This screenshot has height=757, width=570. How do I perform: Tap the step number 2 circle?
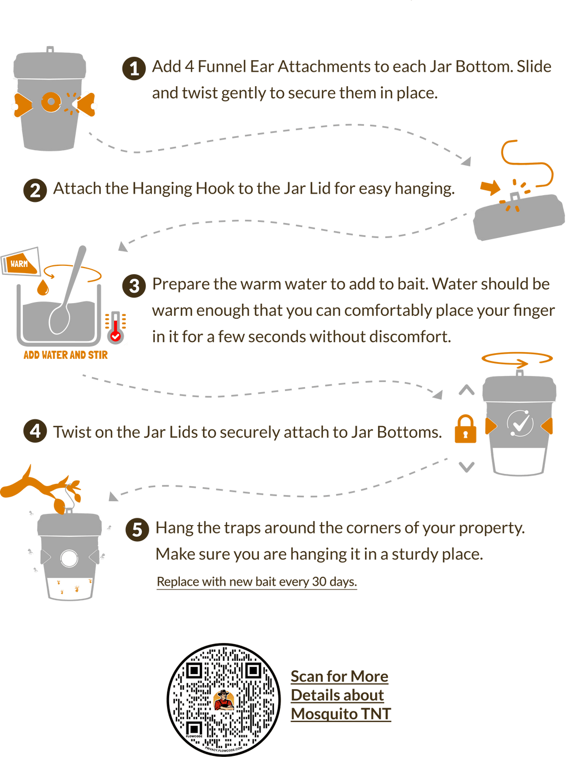(x=35, y=190)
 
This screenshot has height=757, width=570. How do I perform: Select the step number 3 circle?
(x=134, y=286)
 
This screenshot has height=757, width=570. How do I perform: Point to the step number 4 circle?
(x=35, y=432)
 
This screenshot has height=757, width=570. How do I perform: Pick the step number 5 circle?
(x=137, y=530)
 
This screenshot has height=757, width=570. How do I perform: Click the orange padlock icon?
(x=465, y=429)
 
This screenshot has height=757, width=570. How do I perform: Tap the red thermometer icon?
(x=115, y=328)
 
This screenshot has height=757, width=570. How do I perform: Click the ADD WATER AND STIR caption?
(x=66, y=355)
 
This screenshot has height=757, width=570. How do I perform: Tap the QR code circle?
(x=224, y=699)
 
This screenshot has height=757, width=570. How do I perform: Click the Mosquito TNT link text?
(x=341, y=714)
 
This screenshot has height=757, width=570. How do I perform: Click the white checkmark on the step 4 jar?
(x=520, y=424)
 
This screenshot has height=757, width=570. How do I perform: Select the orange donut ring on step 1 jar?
(x=51, y=102)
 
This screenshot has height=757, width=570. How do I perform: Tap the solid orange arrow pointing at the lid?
(x=490, y=187)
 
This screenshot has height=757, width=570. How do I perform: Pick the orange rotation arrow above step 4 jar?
(x=517, y=359)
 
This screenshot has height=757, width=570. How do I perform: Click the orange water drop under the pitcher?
(x=42, y=288)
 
